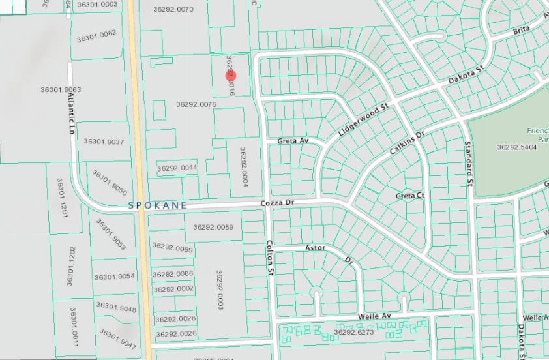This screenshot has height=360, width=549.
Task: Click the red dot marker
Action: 231,76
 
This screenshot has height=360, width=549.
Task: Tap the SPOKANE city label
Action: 158,205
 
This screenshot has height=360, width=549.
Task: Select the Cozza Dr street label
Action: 278,203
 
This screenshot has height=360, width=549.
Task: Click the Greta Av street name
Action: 291,141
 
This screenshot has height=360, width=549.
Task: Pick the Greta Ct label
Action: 410,196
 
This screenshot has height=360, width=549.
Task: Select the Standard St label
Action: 467,163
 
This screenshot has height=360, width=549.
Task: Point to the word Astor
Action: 315,248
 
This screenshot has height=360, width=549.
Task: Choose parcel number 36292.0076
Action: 196,104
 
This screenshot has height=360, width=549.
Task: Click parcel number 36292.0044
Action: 177,168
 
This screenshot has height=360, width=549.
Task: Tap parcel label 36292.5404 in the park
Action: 516,147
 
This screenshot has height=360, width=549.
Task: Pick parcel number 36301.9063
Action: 60,89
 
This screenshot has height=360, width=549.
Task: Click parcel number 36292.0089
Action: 213,227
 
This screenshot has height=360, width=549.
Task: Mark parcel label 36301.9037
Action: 104,142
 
